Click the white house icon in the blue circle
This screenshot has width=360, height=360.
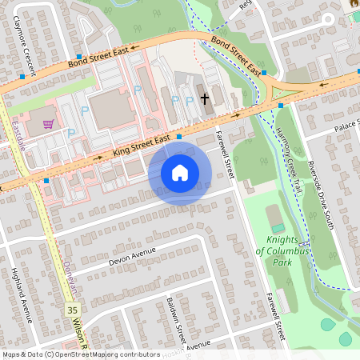tap(180, 172)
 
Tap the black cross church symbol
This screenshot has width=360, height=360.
tap(205, 98)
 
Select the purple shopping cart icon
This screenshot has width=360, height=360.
tap(48, 124)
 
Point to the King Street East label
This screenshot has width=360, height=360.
tap(142, 144)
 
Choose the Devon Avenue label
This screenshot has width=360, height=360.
tap(130, 255)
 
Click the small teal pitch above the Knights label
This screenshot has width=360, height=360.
tap(274, 217)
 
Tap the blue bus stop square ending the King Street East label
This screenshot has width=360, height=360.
tap(179, 137)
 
